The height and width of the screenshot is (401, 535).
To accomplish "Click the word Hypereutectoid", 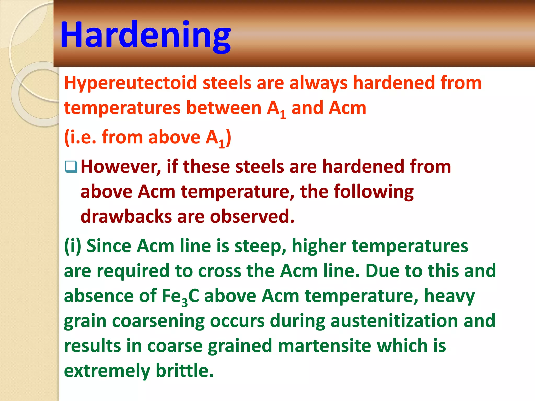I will point(130,83).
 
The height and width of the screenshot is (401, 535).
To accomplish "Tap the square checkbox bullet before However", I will point(71,167).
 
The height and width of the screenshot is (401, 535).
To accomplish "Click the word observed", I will point(252,216).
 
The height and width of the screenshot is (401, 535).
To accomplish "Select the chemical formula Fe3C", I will point(180,296).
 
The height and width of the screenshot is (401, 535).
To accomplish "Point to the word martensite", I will point(324,346).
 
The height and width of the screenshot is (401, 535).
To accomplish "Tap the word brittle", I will point(184,370).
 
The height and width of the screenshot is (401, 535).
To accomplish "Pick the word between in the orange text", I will point(224,108).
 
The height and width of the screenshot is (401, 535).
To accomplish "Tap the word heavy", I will point(449,296).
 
